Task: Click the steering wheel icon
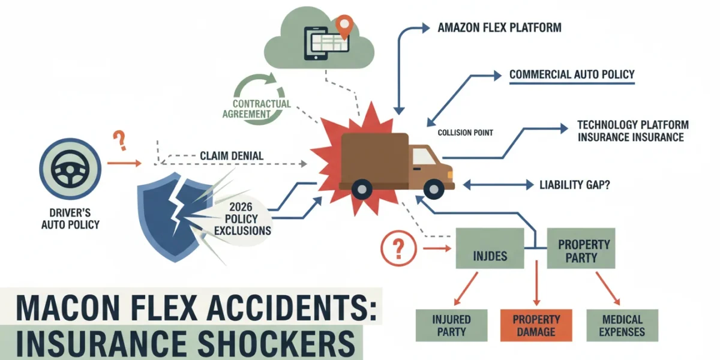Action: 70,169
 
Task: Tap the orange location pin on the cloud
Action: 344,26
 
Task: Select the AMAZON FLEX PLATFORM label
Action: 499,28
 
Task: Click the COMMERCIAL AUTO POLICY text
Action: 572,74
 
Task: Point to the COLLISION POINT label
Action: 465,133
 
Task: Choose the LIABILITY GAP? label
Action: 574,185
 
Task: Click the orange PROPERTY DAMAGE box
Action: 536,325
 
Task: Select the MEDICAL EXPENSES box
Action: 622,325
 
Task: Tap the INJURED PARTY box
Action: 451,325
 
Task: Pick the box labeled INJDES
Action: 490,248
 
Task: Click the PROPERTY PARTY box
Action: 581,248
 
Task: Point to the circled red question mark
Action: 398,248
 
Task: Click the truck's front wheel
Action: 434,189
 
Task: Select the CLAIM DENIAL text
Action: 232,156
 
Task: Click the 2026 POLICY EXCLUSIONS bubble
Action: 242,219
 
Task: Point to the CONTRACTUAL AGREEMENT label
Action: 257,109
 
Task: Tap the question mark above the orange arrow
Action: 119,140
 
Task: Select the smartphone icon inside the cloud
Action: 316,43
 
